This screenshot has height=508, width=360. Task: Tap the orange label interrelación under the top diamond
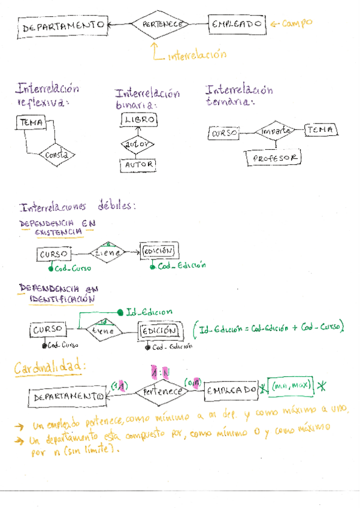[x=197, y=55]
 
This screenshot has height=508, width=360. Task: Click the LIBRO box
[x=139, y=120]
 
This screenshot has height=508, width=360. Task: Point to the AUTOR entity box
[x=138, y=164]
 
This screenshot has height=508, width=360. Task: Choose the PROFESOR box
[x=274, y=158]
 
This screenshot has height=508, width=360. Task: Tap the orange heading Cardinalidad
[x=50, y=367]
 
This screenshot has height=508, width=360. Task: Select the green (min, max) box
[x=290, y=388]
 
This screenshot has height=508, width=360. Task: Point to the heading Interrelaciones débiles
[x=77, y=208]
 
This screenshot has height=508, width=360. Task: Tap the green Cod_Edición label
[x=181, y=265]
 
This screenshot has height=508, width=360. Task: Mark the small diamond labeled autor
[x=138, y=144]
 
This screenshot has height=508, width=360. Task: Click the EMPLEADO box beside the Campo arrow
[x=237, y=24]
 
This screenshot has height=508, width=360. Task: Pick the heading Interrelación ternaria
[x=238, y=96]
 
